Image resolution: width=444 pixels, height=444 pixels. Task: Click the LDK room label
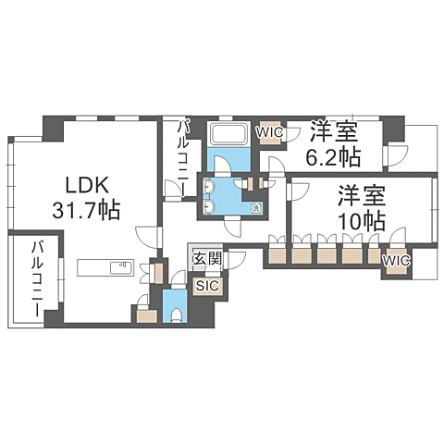pyautogui.click(x=87, y=185)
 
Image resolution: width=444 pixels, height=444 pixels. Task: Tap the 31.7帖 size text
pyautogui.click(x=86, y=211)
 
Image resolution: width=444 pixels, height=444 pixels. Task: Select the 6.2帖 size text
pyautogui.click(x=333, y=157)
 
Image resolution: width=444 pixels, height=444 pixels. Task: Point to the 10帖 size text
pyautogui.click(x=362, y=221)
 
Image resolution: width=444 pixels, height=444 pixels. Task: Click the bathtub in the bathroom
pyautogui.click(x=228, y=134)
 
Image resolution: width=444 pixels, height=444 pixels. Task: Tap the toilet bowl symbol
pyautogui.click(x=177, y=315)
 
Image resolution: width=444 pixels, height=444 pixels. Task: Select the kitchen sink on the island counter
pyautogui.click(x=122, y=267)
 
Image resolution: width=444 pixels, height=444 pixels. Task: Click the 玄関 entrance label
pyautogui.click(x=207, y=258)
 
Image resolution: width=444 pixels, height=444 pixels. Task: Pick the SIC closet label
pyautogui.click(x=208, y=286)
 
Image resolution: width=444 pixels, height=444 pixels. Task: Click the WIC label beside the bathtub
pyautogui.click(x=270, y=133)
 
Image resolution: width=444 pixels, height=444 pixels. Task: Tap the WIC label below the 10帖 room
pyautogui.click(x=397, y=261)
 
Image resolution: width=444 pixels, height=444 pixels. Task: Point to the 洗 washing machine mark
pyautogui.click(x=255, y=208)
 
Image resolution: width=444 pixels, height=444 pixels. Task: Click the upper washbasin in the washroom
pyautogui.click(x=208, y=187)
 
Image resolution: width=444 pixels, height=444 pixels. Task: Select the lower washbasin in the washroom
pyautogui.click(x=208, y=206)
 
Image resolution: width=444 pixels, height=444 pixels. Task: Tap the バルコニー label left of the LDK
pyautogui.click(x=38, y=279)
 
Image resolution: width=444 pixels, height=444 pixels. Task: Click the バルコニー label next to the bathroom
pyautogui.click(x=182, y=159)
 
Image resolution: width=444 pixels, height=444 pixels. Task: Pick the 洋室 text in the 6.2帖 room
pyautogui.click(x=334, y=132)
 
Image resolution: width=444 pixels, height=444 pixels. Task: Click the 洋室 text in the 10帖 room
pyautogui.click(x=362, y=195)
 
